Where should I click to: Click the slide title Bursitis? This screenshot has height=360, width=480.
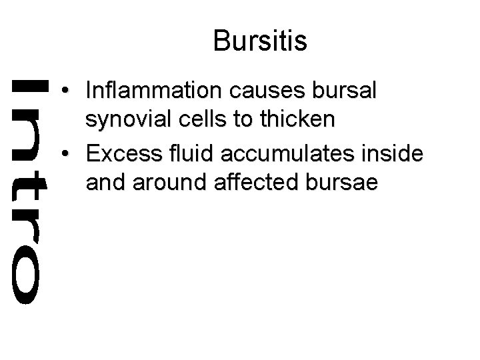coord(260,41)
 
